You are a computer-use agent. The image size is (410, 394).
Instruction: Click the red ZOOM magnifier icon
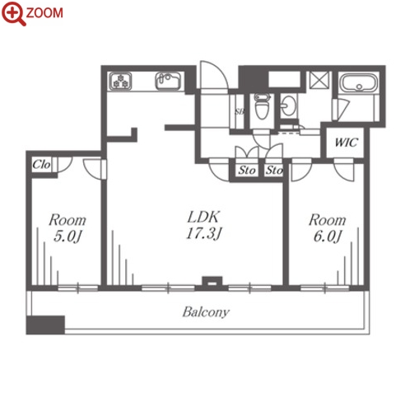coord(13,13)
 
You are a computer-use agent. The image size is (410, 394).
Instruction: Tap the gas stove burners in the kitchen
coord(120,81)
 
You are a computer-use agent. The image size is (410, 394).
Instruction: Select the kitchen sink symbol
coord(168,81)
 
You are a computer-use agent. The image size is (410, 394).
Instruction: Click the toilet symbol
coord(262,106)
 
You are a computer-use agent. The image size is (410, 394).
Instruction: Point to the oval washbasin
coord(288,106)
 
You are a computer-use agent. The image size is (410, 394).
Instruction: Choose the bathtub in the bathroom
coord(358,82)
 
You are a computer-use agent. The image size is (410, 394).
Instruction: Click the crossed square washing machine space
coord(319,80)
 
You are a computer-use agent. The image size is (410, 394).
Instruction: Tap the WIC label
coord(347,143)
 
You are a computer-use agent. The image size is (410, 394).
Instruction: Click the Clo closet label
coord(41,165)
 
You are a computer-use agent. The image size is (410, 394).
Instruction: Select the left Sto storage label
coord(247,171)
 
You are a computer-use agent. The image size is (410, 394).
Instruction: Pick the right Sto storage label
coord(274,171)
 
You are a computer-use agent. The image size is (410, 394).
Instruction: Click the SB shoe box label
coord(240,112)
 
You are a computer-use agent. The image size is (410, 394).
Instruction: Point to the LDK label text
coord(203,217)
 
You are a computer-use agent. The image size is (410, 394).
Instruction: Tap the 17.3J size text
coord(203,234)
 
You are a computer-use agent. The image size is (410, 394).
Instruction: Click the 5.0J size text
coord(68,237)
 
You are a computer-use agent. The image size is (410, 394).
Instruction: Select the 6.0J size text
coord(327,237)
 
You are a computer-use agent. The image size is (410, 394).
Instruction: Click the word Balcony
coord(206,312)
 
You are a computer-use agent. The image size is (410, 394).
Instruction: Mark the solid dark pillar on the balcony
coord(45,325)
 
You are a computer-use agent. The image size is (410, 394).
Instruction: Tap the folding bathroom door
coord(342,110)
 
